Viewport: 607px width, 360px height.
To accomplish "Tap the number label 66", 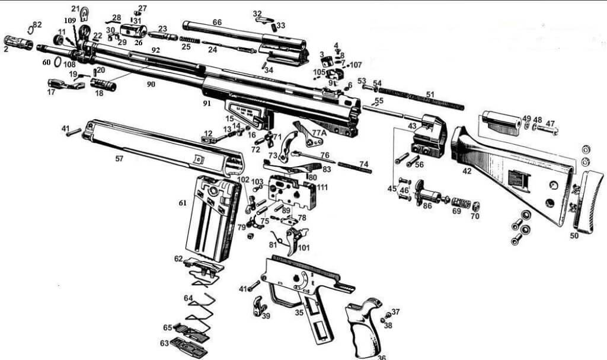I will coord(217,22).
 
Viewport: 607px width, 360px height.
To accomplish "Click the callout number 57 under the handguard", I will coord(120,159).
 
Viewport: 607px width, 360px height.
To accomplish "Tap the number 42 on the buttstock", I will coord(467,171).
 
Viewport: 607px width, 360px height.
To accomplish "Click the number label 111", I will coord(322,187).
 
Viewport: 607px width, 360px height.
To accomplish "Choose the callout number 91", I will coord(207,103).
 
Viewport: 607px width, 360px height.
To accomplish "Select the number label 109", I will coord(70,20).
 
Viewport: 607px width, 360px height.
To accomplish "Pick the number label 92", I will coord(155,50).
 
